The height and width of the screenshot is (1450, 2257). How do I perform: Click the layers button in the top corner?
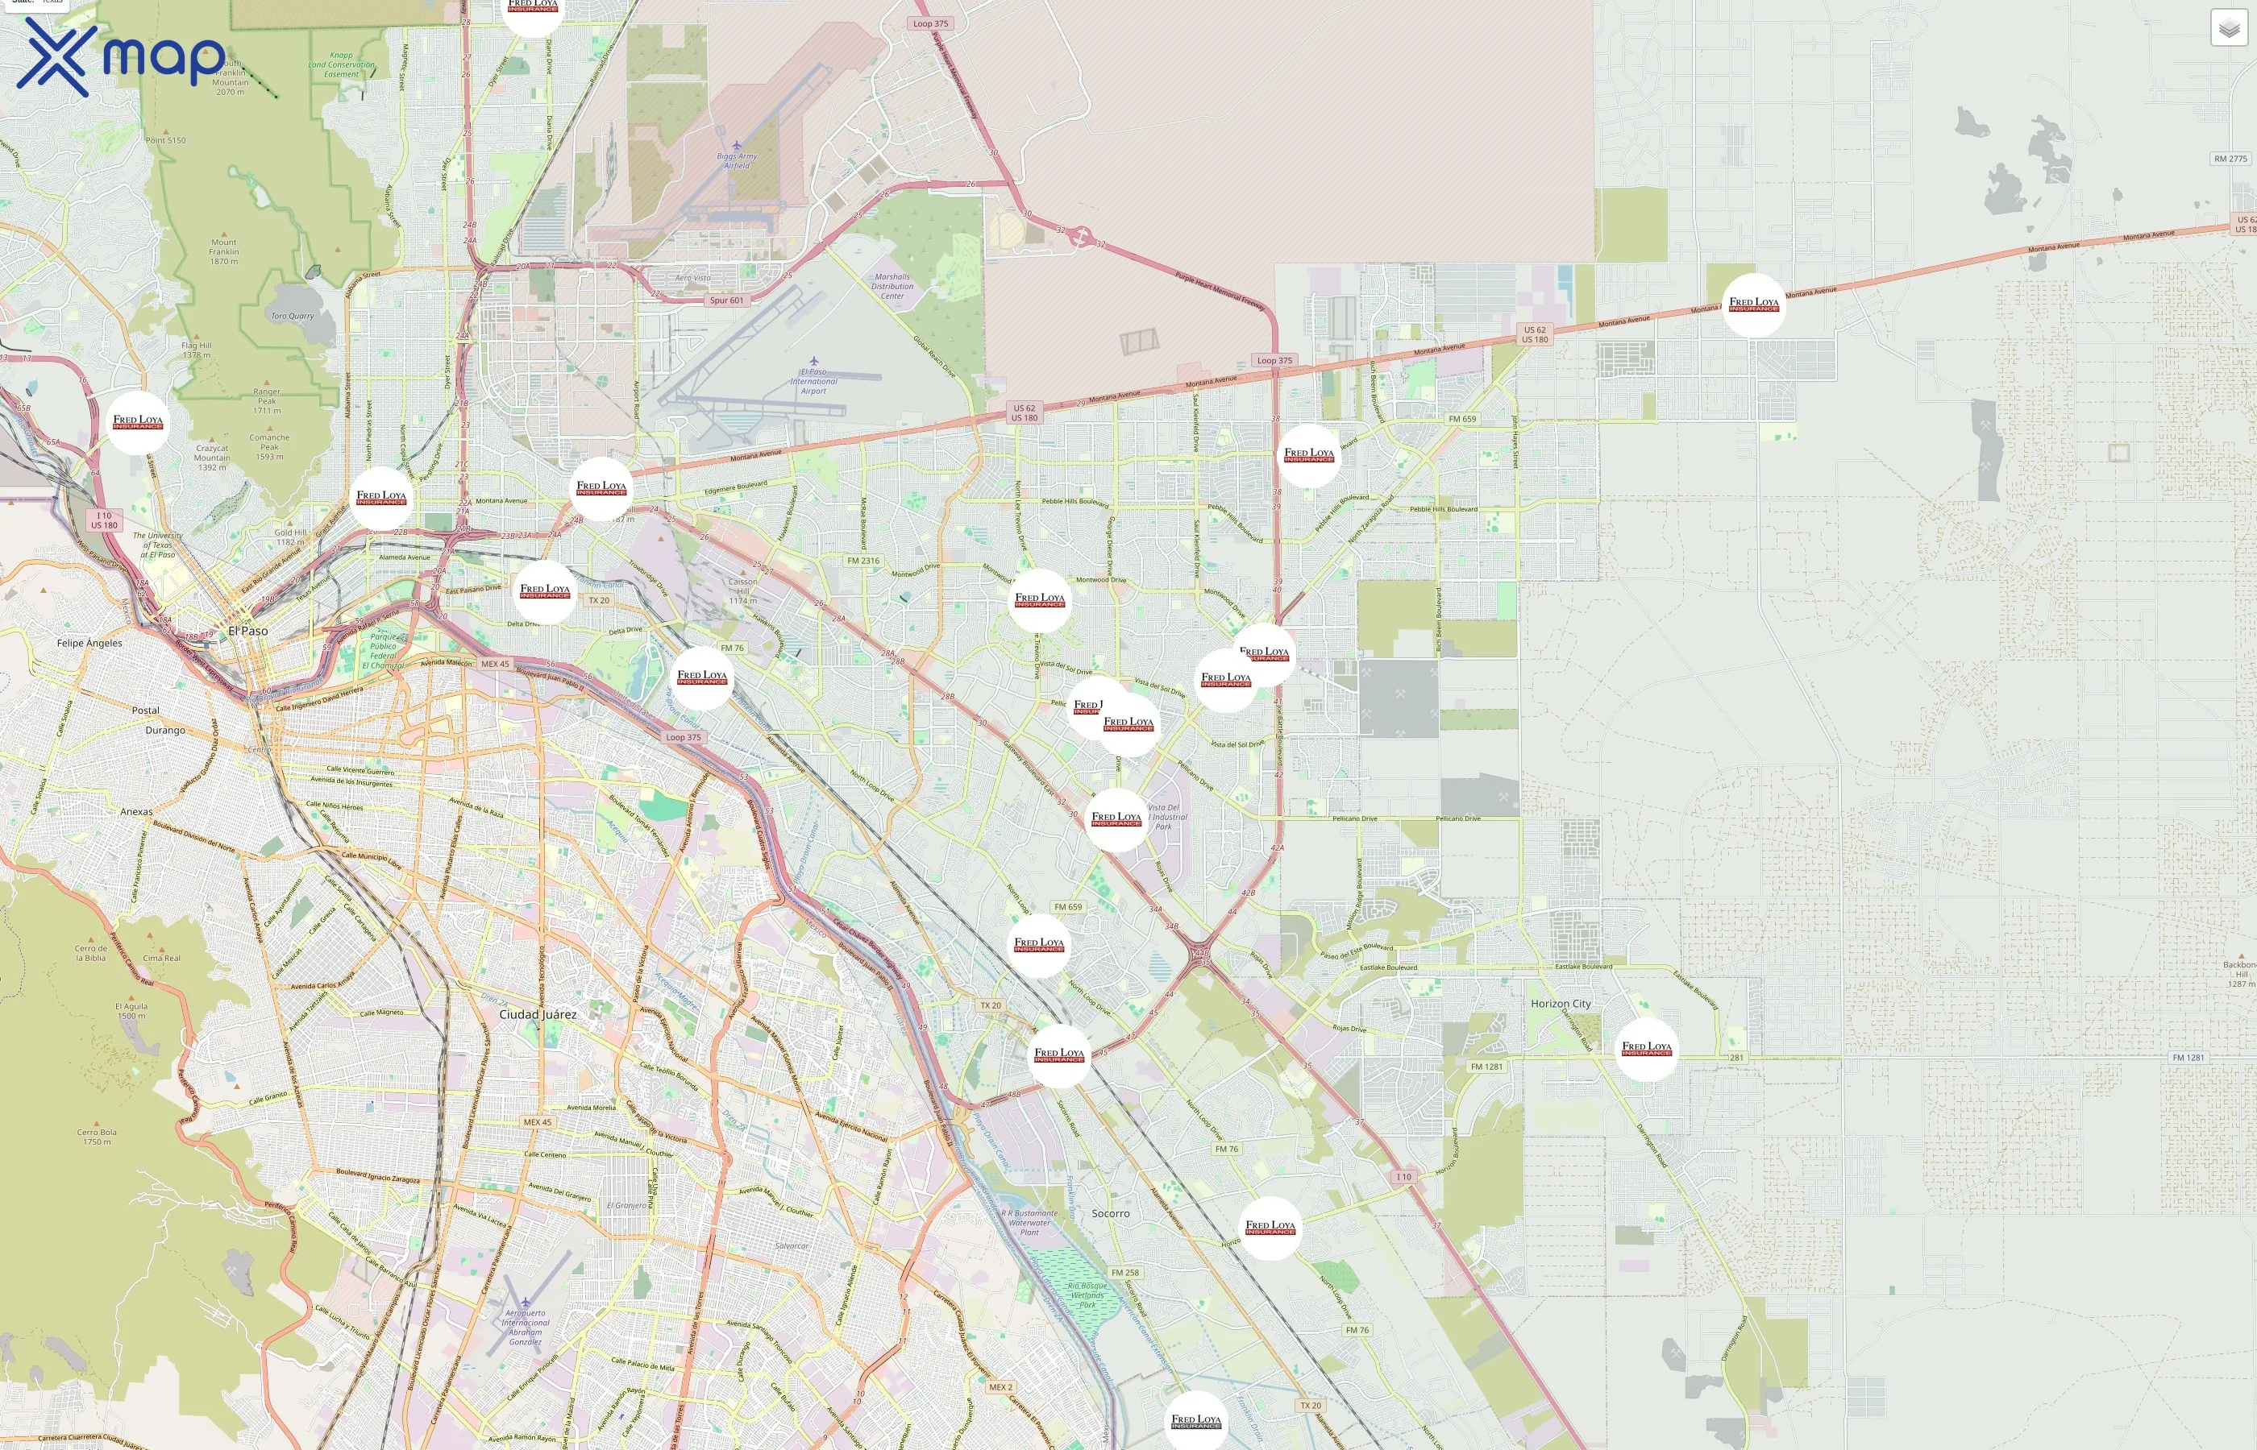click(x=2228, y=28)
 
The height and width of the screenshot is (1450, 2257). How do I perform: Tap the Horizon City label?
click(x=1560, y=1004)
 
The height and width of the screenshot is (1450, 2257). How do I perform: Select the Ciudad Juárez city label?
click(x=537, y=1014)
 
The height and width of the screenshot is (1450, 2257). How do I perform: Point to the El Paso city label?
click(x=247, y=631)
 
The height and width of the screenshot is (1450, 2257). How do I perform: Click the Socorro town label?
click(x=1110, y=1214)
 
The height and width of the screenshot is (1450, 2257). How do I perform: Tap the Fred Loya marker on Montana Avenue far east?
click(x=1753, y=305)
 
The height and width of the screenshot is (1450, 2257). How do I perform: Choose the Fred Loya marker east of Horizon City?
click(x=1646, y=1049)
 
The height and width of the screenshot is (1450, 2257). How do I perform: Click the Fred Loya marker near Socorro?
click(x=1269, y=1228)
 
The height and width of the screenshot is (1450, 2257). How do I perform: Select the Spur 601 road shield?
click(x=726, y=300)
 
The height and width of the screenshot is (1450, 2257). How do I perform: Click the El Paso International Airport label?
click(x=813, y=380)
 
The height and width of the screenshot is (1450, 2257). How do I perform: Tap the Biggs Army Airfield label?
click(x=737, y=160)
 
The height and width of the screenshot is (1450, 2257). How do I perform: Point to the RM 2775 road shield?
click(x=2230, y=159)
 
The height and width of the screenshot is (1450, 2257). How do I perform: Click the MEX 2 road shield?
click(x=1000, y=1387)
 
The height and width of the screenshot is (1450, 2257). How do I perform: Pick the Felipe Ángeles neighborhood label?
click(x=89, y=643)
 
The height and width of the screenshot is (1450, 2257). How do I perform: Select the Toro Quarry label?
click(x=292, y=317)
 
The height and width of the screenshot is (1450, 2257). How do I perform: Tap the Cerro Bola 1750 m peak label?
click(x=97, y=1137)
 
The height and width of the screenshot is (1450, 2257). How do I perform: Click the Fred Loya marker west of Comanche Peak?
click(x=138, y=423)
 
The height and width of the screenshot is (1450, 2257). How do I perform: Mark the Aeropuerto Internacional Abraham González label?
click(x=525, y=1327)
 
